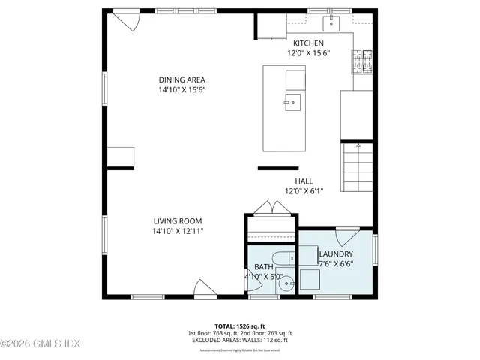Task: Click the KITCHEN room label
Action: click(308, 43)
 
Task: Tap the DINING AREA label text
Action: click(181, 80)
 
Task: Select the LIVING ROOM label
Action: click(178, 221)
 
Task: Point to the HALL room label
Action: click(304, 181)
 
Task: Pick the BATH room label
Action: click(263, 267)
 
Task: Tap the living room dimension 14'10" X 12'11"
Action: click(178, 231)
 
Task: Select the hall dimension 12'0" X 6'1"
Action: click(304, 191)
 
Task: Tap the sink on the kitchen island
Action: click(292, 102)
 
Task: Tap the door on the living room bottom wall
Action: click(205, 288)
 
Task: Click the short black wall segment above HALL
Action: click(278, 169)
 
